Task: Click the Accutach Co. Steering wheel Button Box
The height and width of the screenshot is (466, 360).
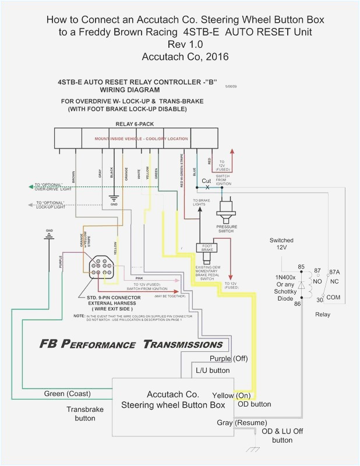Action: tap(172, 400)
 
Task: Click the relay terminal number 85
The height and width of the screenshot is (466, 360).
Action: tap(301, 251)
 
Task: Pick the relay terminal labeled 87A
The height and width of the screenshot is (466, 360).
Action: tap(334, 255)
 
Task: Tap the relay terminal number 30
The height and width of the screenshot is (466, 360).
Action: tap(319, 299)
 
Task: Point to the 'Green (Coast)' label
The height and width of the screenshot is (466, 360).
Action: tap(68, 394)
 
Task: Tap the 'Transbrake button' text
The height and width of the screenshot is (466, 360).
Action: tap(84, 414)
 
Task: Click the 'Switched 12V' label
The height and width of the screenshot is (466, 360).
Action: tap(281, 244)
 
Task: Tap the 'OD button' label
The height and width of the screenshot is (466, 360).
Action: tap(254, 404)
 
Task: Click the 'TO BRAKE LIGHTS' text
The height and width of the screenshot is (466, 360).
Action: tap(202, 203)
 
